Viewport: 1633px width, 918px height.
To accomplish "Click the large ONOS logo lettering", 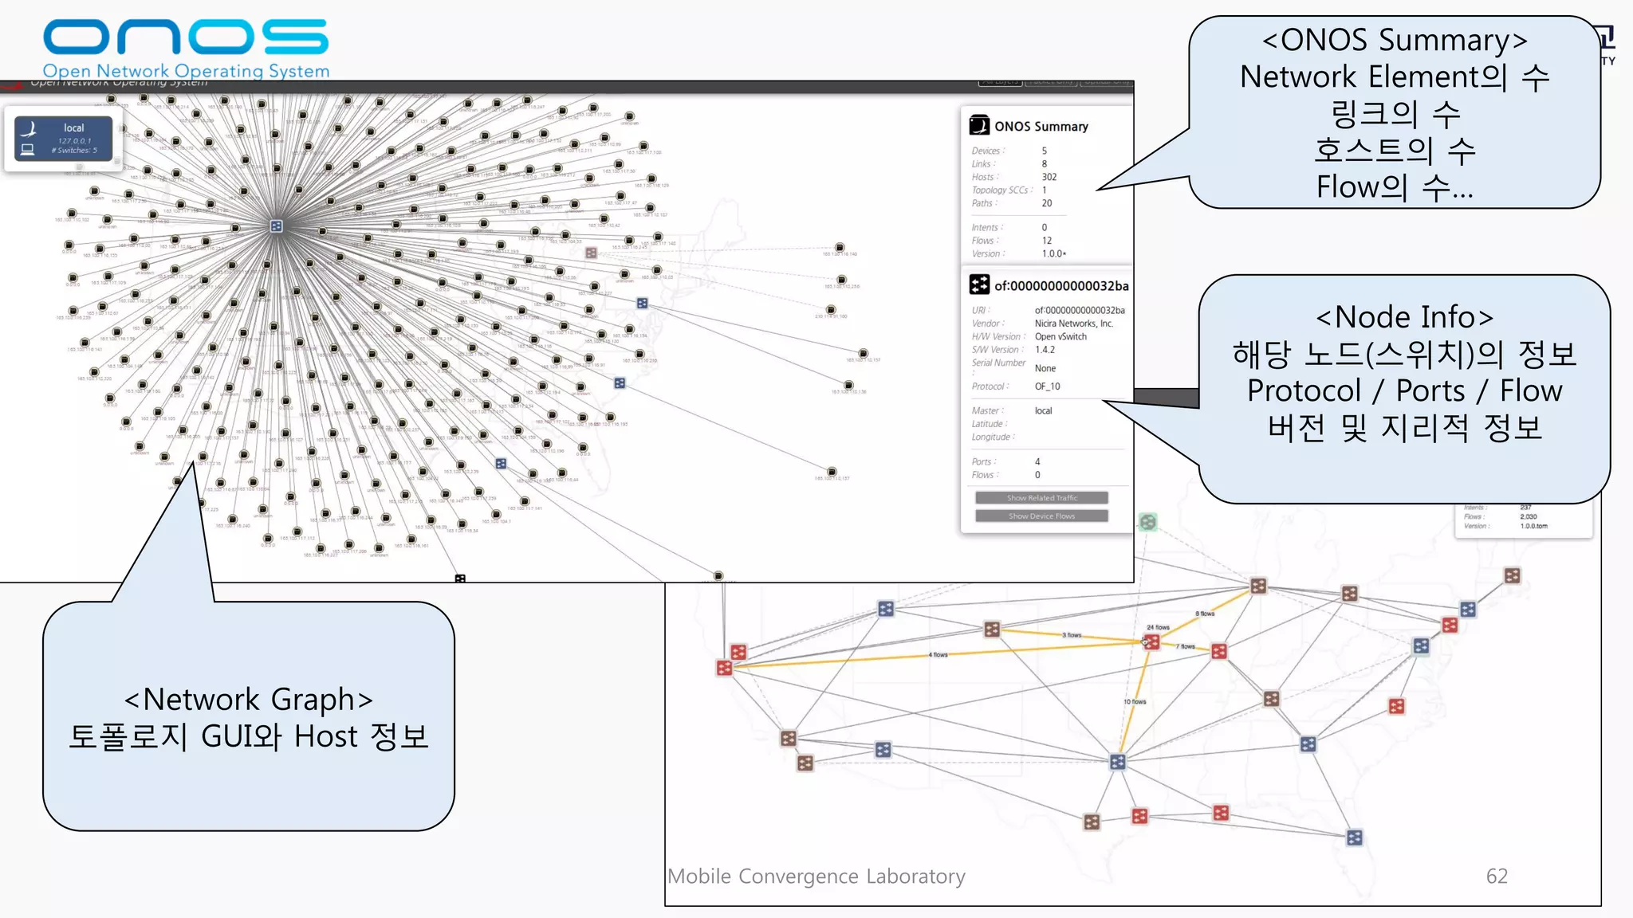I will click(x=185, y=37).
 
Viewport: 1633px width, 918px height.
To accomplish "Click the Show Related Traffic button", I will click(x=1041, y=498).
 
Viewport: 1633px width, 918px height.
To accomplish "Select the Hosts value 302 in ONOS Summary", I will click(x=1049, y=177).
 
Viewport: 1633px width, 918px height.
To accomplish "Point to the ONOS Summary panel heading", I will click(x=1040, y=127).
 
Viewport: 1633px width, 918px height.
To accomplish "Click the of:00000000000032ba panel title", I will click(x=1060, y=286).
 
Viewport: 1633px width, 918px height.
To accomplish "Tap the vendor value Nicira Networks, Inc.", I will click(x=1073, y=324).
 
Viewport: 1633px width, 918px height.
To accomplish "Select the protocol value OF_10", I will click(x=1047, y=386).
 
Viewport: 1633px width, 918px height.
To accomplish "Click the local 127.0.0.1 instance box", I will click(x=63, y=139).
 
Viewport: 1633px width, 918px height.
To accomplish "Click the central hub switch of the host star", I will click(x=276, y=226).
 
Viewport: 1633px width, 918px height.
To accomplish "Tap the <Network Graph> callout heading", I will click(x=248, y=700).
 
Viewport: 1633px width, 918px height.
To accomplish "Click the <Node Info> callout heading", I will click(x=1403, y=317).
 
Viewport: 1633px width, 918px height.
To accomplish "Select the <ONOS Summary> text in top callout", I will click(x=1394, y=40).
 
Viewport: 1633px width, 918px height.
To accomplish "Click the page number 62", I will click(x=1496, y=876).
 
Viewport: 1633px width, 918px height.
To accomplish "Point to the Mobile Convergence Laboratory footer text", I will click(x=816, y=876).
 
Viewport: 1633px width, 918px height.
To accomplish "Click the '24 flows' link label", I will click(x=1158, y=627).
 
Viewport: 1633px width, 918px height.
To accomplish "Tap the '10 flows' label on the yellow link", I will click(x=1134, y=701).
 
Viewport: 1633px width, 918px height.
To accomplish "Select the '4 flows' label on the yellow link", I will click(x=938, y=654).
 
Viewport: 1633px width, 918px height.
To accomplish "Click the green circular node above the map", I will click(x=1147, y=522).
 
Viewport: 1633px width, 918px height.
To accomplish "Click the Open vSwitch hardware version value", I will click(x=1060, y=337).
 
